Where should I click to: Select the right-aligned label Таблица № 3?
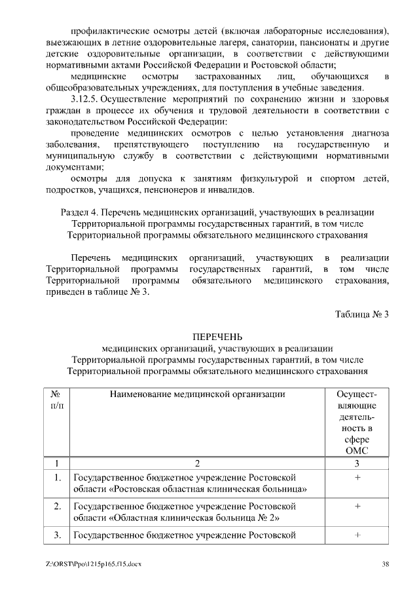pos(362,314)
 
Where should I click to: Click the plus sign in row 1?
pos(357,478)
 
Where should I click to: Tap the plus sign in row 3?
pos(357,535)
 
